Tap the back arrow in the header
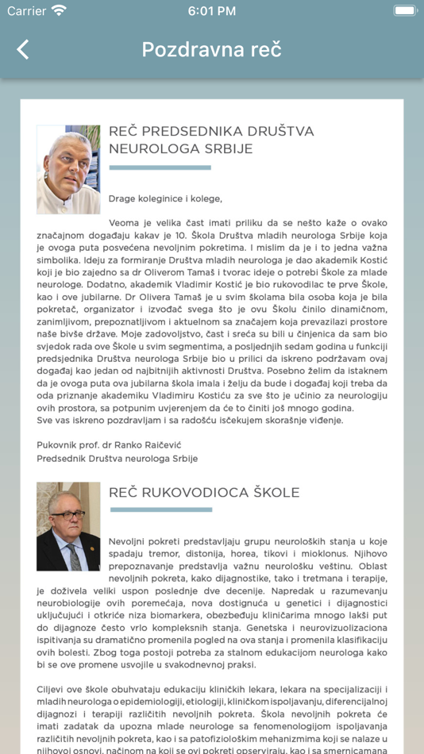click(23, 49)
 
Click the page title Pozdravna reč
click(211, 49)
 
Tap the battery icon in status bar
click(404, 11)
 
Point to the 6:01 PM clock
click(211, 11)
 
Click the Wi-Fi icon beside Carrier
click(59, 11)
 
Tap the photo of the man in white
click(68, 169)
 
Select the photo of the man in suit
click(68, 526)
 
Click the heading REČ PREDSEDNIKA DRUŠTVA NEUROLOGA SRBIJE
click(211, 140)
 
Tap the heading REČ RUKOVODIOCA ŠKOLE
click(204, 492)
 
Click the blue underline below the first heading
click(160, 167)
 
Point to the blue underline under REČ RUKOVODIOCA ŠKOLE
click(160, 510)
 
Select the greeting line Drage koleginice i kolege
click(165, 198)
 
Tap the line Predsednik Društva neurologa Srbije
click(117, 458)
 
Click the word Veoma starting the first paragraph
click(125, 223)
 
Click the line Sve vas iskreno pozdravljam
click(190, 420)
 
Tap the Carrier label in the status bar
click(27, 11)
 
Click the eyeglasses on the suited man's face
click(67, 514)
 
